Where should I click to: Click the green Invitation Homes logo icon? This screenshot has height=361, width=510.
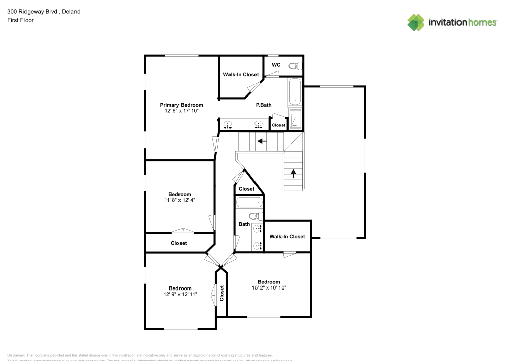coord(416,22)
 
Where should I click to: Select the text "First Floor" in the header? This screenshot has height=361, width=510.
coord(20,20)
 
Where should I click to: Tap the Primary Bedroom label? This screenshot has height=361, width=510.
coord(181,105)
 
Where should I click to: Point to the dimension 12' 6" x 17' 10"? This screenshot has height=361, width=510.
coord(181,111)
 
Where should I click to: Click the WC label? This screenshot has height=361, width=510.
coord(276,65)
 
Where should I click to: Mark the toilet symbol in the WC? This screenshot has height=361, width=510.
coord(294,66)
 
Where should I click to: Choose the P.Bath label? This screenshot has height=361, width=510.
coord(264,105)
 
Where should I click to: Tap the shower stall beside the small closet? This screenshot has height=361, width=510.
coord(295,119)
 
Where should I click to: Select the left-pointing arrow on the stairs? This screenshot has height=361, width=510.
coord(262,141)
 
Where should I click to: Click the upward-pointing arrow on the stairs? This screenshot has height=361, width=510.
coord(293,173)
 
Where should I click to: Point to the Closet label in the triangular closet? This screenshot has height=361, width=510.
coord(246,189)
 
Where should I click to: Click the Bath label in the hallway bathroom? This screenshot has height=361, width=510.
coord(244,224)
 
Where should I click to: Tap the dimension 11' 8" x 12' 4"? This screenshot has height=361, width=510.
coord(180,200)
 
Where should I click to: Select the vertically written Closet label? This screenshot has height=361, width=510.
coord(222,293)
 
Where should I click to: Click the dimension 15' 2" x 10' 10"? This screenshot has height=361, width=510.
coord(269,288)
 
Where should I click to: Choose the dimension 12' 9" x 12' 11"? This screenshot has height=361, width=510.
coord(180,294)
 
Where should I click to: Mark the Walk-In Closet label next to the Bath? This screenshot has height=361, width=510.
coord(287,236)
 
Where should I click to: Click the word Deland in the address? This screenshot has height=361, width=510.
coord(71,11)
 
